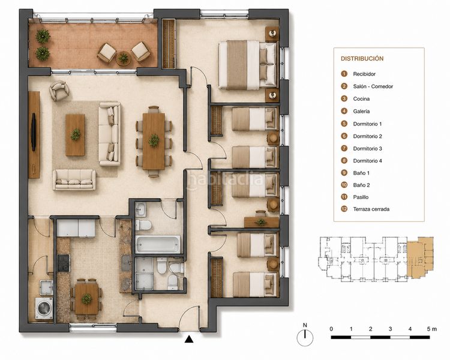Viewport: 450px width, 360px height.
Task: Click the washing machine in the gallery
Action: (x=44, y=308)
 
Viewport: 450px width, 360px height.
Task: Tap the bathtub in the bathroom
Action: (x=158, y=244)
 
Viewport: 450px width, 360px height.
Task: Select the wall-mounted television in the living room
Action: (x=34, y=132)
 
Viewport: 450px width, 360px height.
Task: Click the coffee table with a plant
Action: (x=75, y=135)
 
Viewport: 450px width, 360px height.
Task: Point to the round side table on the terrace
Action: (x=124, y=58)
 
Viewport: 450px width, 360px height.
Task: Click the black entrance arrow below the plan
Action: (x=189, y=339)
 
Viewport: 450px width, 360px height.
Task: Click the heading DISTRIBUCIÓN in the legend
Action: (x=362, y=59)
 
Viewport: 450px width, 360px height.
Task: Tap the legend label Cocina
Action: (x=361, y=99)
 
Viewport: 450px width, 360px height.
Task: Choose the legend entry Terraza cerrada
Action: (x=371, y=209)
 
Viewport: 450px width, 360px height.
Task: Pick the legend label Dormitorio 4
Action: (x=367, y=161)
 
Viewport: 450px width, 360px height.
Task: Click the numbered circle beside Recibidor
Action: (x=344, y=74)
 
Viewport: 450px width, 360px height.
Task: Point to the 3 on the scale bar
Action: (x=390, y=329)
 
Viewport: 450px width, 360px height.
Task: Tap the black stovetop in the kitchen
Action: (x=64, y=263)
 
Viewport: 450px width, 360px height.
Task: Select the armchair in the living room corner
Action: (x=59, y=91)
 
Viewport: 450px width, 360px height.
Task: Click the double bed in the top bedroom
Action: (x=248, y=65)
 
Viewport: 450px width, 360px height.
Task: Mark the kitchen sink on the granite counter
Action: (x=126, y=263)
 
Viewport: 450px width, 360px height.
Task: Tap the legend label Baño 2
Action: (x=361, y=185)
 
